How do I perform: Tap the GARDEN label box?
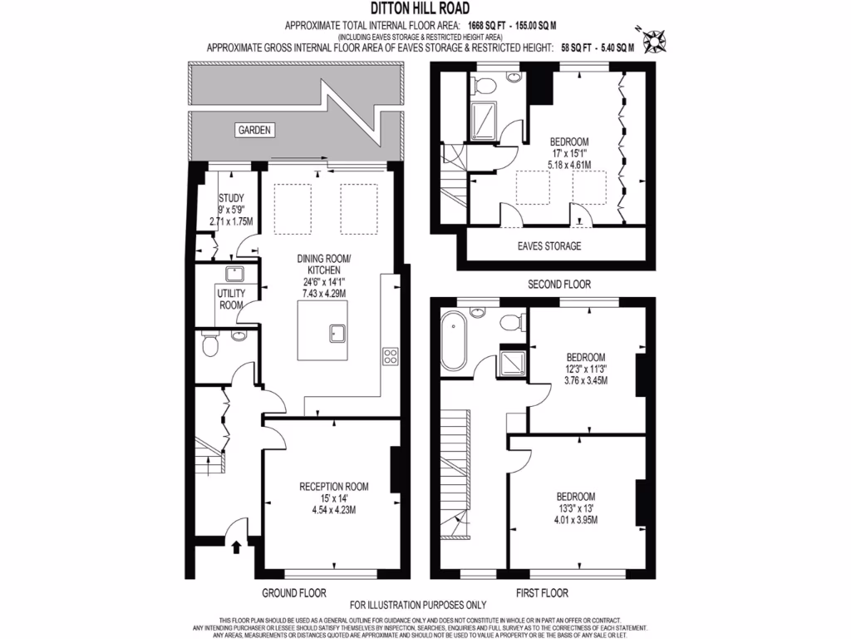(255, 130)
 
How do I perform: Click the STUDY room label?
(230, 198)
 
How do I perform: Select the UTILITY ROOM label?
(230, 300)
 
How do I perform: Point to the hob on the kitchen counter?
(390, 356)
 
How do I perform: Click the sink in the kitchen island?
(337, 334)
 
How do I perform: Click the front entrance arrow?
(235, 547)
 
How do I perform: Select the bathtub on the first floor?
(454, 341)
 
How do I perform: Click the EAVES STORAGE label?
(548, 246)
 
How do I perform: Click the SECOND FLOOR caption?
(559, 284)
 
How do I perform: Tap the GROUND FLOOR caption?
(293, 593)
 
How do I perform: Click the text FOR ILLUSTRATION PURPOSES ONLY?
(417, 605)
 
